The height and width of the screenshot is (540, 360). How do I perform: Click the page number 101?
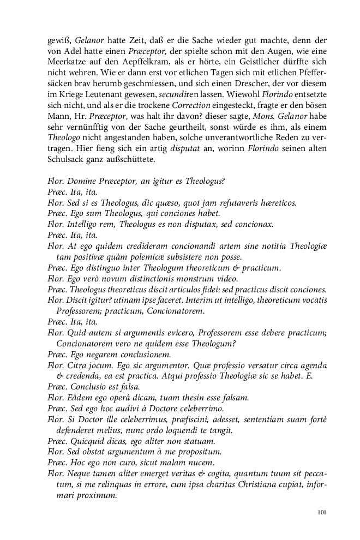pyautogui.click(x=321, y=512)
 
